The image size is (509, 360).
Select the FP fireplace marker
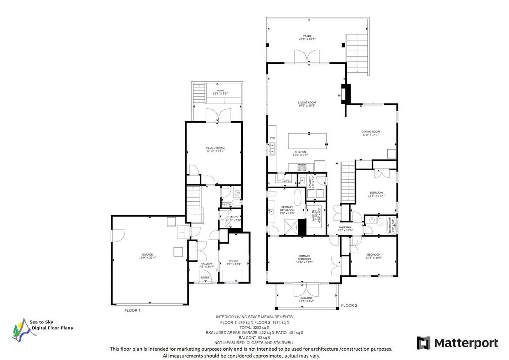click(339, 95)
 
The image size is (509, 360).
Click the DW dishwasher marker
click(272, 138)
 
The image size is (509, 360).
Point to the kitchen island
click(308, 140)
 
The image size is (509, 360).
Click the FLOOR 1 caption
click(132, 310)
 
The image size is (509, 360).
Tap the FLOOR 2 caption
click(349, 305)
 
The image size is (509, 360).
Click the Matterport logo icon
click(423, 343)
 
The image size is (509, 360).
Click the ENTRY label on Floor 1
click(205, 277)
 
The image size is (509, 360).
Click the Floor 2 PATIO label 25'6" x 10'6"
click(307, 37)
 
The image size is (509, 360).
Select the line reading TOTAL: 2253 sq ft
click(254, 327)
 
